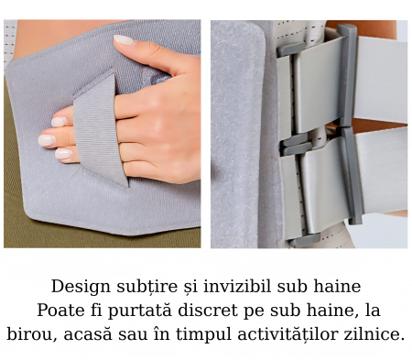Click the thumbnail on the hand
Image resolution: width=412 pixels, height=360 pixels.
125,40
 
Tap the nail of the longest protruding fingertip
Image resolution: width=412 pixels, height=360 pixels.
47,140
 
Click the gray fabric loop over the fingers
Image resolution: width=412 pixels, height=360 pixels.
99,128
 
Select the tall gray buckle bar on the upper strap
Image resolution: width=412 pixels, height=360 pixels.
347,75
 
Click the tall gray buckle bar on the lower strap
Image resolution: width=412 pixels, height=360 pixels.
352,176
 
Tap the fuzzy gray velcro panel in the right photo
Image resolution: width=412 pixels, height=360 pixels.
238,135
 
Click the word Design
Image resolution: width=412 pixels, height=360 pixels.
81,287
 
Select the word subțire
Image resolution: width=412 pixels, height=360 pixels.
147,287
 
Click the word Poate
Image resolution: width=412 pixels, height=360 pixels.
60,311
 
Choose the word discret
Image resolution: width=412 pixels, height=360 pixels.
208,311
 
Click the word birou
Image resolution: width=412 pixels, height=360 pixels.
32,334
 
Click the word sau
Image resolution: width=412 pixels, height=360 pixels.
133,335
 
